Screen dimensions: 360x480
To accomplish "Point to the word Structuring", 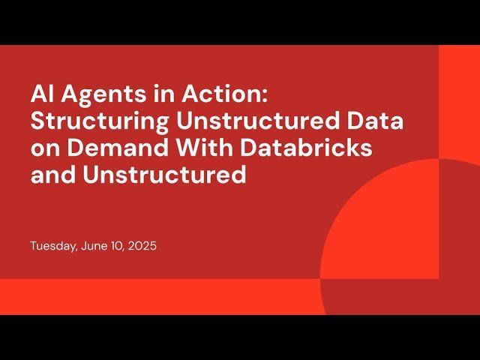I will point(88,122).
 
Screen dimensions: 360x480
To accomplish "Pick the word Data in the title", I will point(380,121).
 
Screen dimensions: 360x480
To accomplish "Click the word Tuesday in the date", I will point(52,246).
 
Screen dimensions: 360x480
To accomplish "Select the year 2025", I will point(142,246).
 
